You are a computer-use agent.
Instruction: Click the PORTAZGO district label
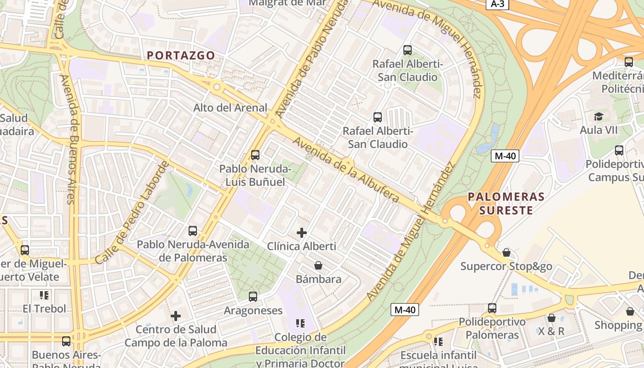(181, 55)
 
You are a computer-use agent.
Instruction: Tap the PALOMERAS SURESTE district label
(506, 203)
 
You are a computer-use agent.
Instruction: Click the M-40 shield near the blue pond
(505, 156)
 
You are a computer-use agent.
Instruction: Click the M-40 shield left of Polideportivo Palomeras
(405, 310)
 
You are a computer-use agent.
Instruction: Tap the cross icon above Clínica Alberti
(302, 233)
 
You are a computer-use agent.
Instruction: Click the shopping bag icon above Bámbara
(318, 265)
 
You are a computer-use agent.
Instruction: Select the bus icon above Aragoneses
(253, 297)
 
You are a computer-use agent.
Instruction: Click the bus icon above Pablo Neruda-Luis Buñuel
(255, 155)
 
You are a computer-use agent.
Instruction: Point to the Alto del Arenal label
(230, 108)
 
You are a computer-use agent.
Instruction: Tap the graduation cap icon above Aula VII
(598, 116)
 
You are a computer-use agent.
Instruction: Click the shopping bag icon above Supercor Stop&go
(506, 253)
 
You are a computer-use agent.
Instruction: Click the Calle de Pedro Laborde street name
(132, 213)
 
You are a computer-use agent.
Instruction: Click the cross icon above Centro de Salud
(176, 316)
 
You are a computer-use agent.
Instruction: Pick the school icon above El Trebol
(44, 295)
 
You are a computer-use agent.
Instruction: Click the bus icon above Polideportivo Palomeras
(492, 308)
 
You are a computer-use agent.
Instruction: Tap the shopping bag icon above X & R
(551, 318)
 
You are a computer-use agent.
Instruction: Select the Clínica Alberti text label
(302, 246)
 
